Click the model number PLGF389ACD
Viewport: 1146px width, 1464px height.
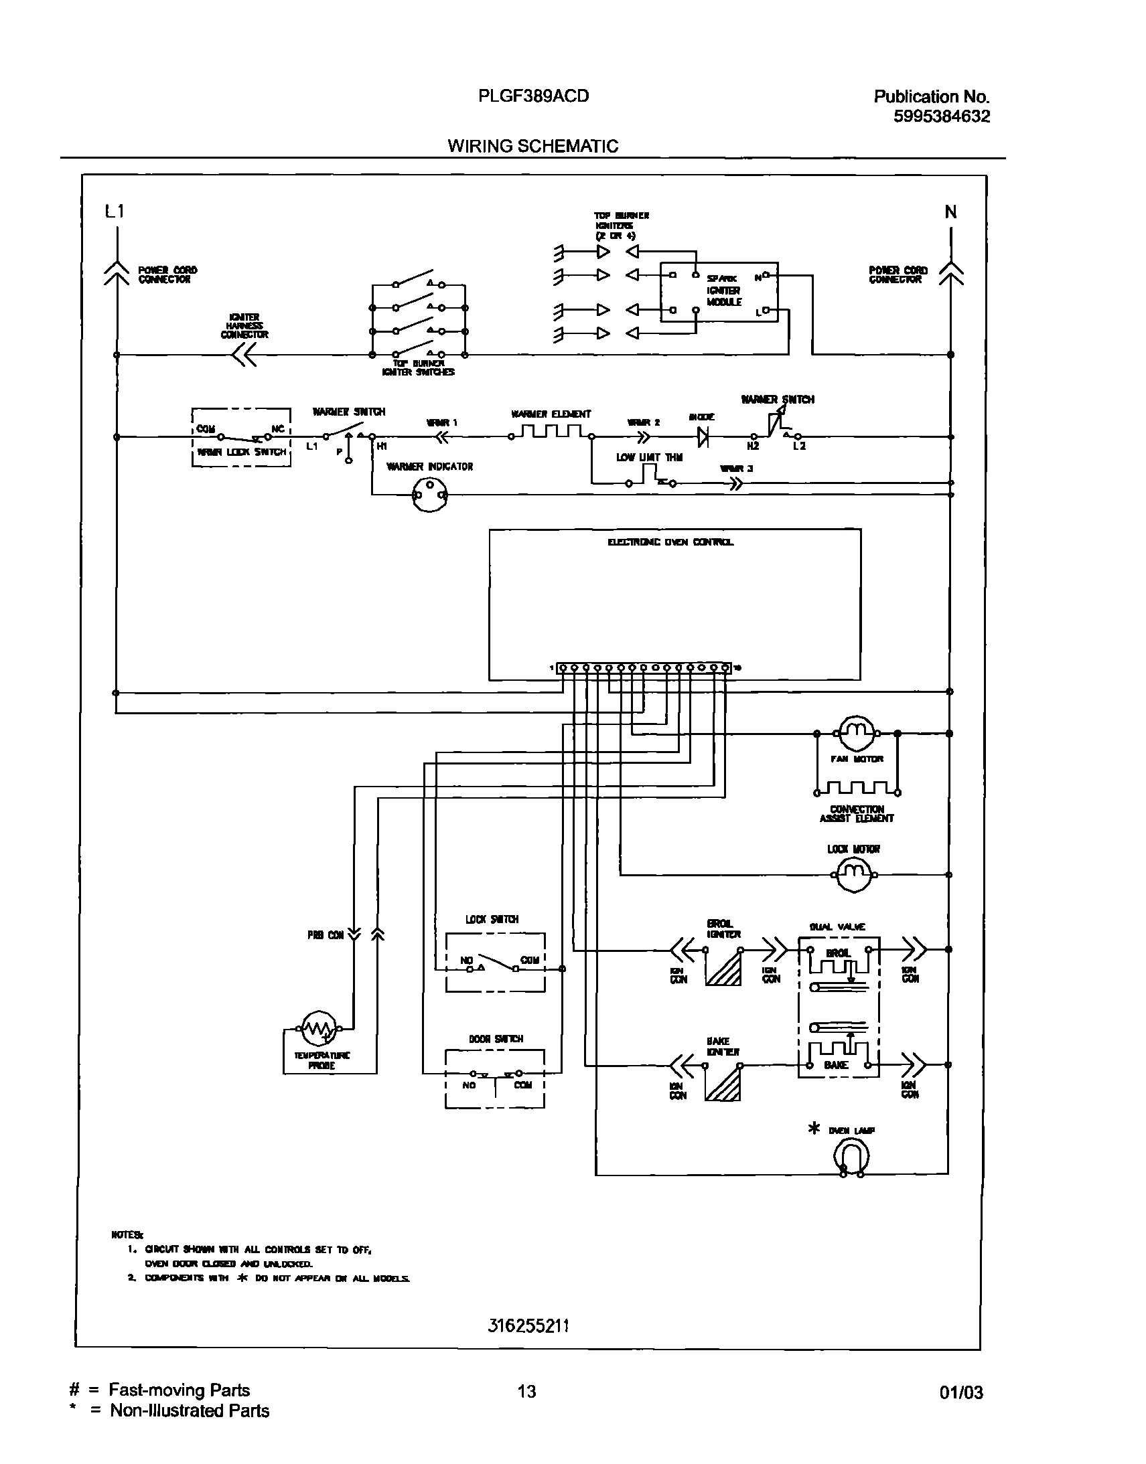[533, 96]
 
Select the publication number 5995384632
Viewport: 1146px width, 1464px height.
[941, 116]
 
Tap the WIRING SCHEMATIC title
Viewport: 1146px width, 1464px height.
[532, 146]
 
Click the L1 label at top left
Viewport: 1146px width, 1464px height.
[114, 212]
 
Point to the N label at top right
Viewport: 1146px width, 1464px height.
[950, 213]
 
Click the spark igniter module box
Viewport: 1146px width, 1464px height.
[719, 292]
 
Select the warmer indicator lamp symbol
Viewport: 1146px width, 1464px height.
[429, 495]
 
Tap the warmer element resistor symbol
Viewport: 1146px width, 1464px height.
[551, 432]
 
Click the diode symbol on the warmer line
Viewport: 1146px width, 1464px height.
[703, 437]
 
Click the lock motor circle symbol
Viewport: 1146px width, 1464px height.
[854, 874]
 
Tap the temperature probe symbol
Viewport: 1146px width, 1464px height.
[319, 1028]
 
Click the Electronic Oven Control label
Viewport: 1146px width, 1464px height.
[670, 542]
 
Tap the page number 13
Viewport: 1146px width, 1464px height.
[526, 1392]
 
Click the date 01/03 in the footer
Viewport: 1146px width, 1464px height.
[961, 1393]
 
